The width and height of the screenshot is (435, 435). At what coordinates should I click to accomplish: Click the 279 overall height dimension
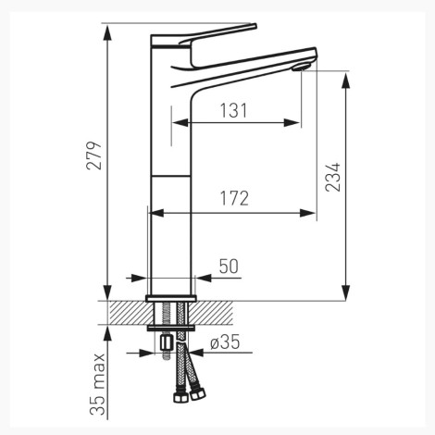click(x=93, y=155)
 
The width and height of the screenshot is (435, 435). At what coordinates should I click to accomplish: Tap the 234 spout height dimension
click(x=333, y=177)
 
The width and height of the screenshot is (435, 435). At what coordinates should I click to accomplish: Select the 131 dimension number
click(x=233, y=110)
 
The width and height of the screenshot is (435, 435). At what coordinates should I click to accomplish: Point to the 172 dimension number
click(x=234, y=198)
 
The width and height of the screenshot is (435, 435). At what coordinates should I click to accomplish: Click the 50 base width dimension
click(x=229, y=267)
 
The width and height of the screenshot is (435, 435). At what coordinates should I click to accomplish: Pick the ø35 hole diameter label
click(x=225, y=342)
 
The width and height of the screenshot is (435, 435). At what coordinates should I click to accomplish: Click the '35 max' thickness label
click(x=97, y=384)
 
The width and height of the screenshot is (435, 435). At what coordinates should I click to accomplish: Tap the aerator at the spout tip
click(x=302, y=67)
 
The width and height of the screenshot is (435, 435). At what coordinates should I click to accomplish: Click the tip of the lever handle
click(x=255, y=26)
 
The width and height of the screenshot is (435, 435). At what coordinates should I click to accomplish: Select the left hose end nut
click(x=180, y=396)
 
